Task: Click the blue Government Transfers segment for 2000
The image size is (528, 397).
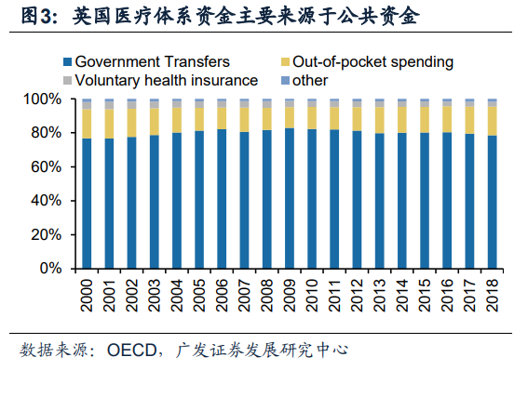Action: pos(87,204)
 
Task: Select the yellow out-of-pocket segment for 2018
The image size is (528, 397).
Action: pos(492,121)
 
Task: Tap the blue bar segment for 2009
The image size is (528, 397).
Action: pos(290,198)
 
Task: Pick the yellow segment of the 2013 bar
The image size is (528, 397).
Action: pos(380,120)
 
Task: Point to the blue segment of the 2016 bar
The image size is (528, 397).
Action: pos(447,200)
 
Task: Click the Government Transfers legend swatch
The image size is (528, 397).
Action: pos(67,62)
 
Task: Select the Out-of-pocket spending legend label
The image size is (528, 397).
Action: pos(372,62)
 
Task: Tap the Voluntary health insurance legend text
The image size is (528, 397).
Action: pos(167,81)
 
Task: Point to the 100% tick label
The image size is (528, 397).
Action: pos(43,99)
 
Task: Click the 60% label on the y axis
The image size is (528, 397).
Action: pos(47,166)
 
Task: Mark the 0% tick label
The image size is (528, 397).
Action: pos(50,269)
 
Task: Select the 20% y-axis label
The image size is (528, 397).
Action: pos(47,234)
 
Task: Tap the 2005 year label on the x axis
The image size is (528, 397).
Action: pos(199,296)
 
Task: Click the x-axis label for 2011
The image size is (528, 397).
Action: pos(334,296)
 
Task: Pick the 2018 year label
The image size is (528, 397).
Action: pos(493,296)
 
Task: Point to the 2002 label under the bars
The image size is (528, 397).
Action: pos(131,296)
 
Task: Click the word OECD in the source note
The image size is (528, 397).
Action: pos(131,351)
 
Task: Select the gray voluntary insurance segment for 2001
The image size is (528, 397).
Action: pos(109,106)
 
